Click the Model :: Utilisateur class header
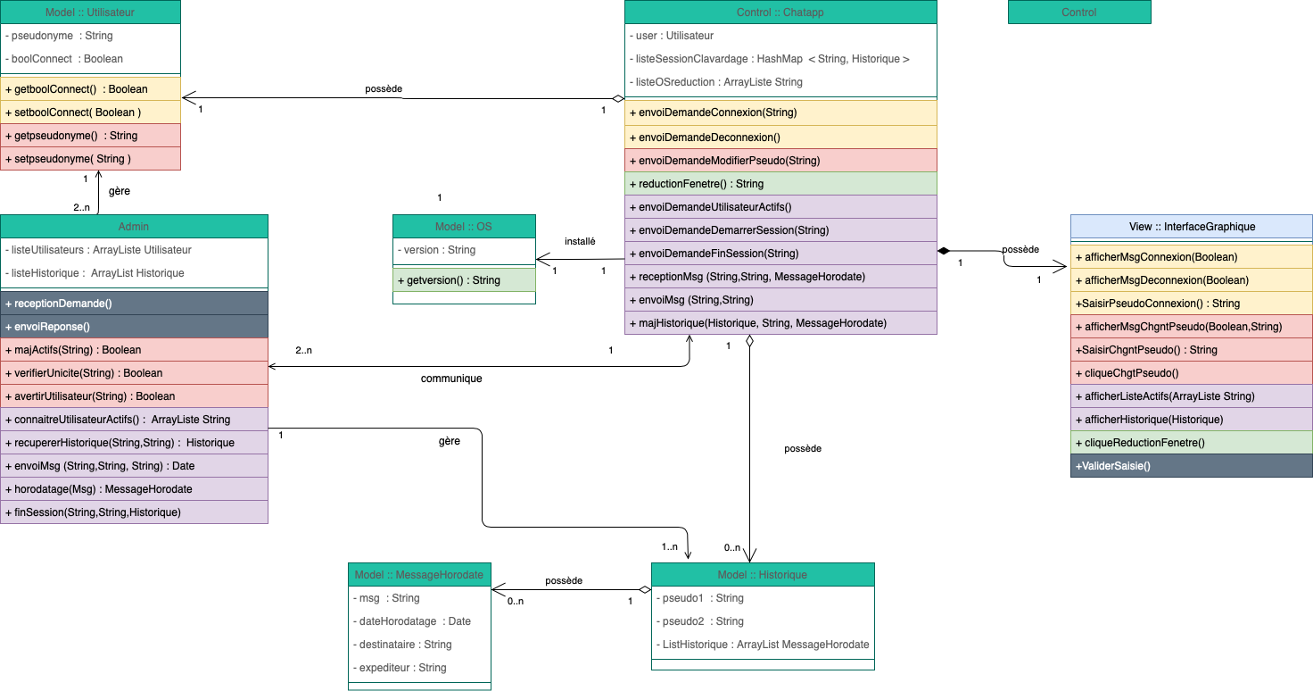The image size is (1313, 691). click(x=90, y=12)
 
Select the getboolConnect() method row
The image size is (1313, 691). click(x=90, y=89)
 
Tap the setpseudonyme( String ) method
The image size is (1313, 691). click(x=90, y=159)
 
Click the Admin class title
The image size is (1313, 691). click(x=134, y=227)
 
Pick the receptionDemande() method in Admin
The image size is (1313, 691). click(x=134, y=304)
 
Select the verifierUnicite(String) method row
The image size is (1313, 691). click(x=134, y=373)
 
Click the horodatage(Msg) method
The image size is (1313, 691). click(x=134, y=489)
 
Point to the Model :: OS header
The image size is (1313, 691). click(x=464, y=227)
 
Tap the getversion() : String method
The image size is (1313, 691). click(x=464, y=280)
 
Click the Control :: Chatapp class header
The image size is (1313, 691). click(x=780, y=12)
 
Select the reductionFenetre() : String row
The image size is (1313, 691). click(x=780, y=184)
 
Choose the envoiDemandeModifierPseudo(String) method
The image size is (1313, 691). click(x=780, y=161)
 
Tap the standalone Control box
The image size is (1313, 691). click(x=1079, y=12)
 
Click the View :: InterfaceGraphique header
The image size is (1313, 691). click(x=1191, y=227)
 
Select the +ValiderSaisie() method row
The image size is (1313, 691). click(x=1191, y=465)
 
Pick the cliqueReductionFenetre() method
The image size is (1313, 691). click(x=1191, y=443)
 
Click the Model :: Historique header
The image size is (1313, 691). click(x=763, y=575)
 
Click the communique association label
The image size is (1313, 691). click(x=451, y=379)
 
